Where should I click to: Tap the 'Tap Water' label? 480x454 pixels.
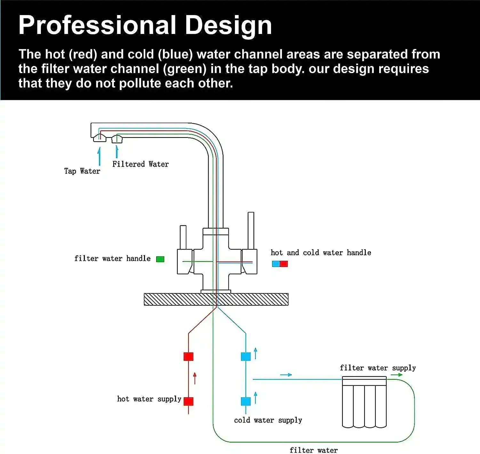pyautogui.click(x=82, y=171)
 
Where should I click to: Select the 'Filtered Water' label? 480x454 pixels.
pyautogui.click(x=140, y=164)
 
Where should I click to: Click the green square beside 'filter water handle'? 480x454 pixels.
pyautogui.click(x=160, y=259)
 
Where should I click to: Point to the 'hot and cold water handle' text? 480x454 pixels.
pyautogui.click(x=321, y=252)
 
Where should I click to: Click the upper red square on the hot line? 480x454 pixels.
pyautogui.click(x=188, y=356)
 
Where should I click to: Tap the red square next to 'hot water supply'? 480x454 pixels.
pyautogui.click(x=188, y=401)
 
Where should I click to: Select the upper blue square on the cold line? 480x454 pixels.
pyautogui.click(x=246, y=356)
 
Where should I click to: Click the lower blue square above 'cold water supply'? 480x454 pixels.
pyautogui.click(x=246, y=401)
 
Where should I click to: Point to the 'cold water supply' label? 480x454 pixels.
pyautogui.click(x=268, y=420)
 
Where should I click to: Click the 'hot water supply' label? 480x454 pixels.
pyautogui.click(x=149, y=399)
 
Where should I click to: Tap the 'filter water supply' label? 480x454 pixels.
pyautogui.click(x=378, y=368)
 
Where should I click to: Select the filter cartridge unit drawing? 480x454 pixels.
pyautogui.click(x=364, y=402)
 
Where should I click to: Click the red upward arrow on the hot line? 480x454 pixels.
pyautogui.click(x=195, y=378)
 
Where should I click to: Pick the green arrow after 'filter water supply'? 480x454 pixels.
pyautogui.click(x=397, y=375)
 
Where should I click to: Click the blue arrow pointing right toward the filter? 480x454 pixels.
pyautogui.click(x=286, y=375)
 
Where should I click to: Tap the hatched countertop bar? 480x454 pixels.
pyautogui.click(x=216, y=299)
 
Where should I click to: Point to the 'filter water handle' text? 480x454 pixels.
pyautogui.click(x=112, y=259)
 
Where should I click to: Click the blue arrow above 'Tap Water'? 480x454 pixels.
pyautogui.click(x=99, y=156)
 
